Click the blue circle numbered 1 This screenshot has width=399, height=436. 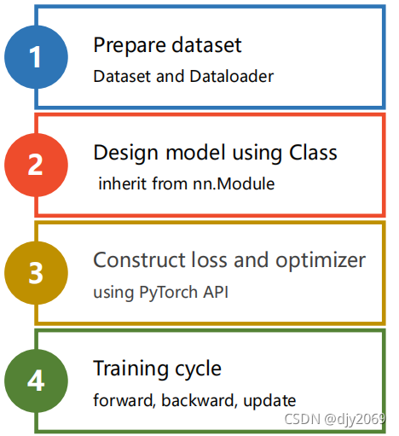click(x=36, y=57)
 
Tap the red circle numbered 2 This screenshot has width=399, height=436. click(x=36, y=165)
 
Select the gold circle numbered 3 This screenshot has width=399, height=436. click(x=36, y=273)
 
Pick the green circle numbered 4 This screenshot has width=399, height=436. click(x=36, y=381)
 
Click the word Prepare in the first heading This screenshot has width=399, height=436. click(x=130, y=46)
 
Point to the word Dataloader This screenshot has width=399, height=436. click(x=232, y=76)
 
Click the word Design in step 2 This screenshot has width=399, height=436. click(x=125, y=154)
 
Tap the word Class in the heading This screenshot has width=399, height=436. click(x=313, y=153)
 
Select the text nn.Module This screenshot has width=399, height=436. click(x=234, y=183)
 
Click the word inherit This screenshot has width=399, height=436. click(x=122, y=183)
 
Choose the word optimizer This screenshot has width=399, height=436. click(x=321, y=261)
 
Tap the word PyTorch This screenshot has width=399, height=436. click(x=168, y=293)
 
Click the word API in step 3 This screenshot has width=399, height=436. click(x=216, y=292)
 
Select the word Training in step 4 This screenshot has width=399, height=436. click(x=131, y=369)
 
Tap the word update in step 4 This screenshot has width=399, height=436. click(x=269, y=401)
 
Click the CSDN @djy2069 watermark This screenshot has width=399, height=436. click(x=335, y=419)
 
